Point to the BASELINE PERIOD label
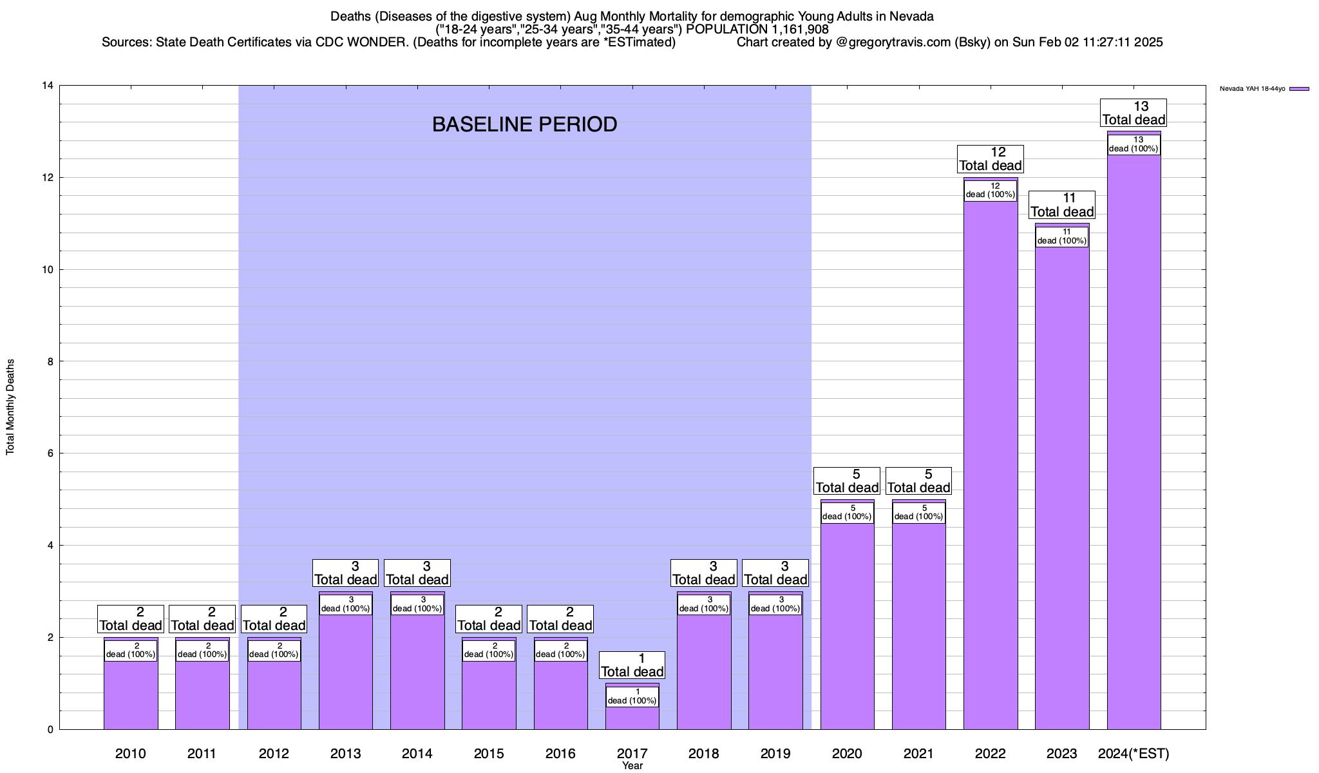524,124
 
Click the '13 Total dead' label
1134,113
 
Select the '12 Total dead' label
991,159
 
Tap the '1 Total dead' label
632,665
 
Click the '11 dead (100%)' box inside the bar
1062,236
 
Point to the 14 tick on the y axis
47,86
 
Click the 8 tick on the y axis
50,361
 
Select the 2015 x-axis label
489,753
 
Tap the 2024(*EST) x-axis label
1134,753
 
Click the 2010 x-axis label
131,753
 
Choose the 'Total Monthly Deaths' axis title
10,407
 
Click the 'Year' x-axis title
632,766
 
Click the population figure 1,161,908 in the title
790,30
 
